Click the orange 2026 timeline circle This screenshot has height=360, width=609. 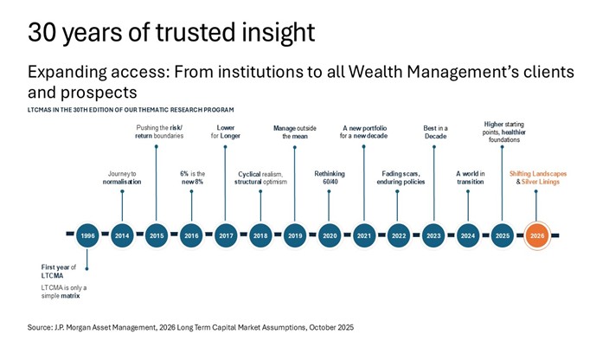tap(536, 235)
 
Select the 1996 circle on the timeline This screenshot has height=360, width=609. tap(87, 235)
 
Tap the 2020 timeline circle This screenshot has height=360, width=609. tap(330, 235)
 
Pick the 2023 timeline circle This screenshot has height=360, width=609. tap(433, 235)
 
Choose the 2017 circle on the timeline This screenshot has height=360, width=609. tap(226, 235)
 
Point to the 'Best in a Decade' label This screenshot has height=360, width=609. tap(433, 132)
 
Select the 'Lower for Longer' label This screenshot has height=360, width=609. tap(226, 132)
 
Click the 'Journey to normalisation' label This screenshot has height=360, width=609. tap(122, 178)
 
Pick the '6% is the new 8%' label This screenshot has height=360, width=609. tap(191, 178)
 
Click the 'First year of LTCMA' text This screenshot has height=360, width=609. tap(61, 271)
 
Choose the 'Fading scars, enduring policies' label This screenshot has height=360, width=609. tap(399, 178)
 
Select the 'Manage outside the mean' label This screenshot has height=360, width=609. tap(295, 132)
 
